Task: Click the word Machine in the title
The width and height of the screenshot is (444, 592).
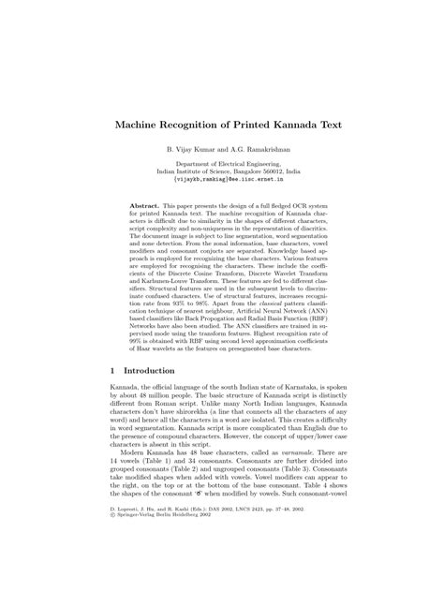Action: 140,122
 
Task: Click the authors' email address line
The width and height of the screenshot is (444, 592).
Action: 221,182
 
